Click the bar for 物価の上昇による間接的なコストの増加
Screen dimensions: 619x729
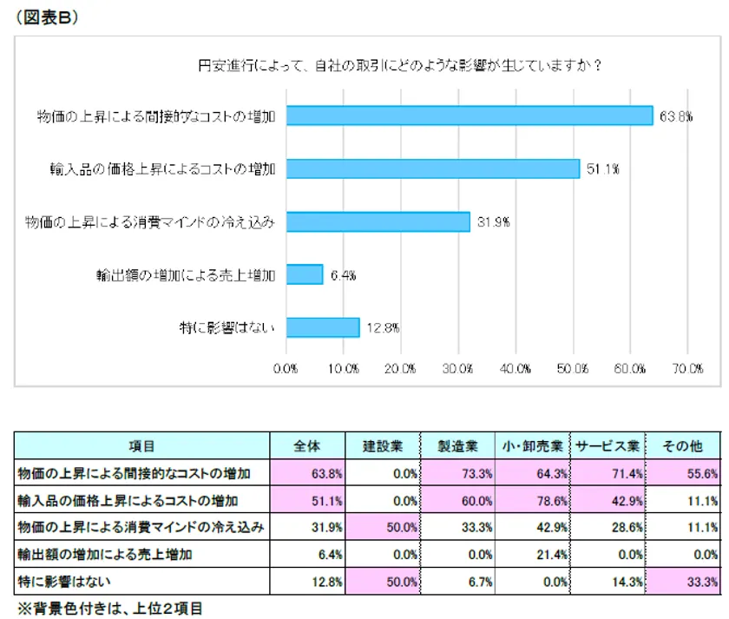(469, 115)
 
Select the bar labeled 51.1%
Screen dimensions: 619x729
(432, 168)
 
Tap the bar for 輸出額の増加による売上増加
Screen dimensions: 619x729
(304, 274)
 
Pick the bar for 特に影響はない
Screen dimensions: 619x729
(322, 327)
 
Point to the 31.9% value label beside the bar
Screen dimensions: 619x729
(493, 222)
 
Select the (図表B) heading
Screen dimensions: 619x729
(48, 20)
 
